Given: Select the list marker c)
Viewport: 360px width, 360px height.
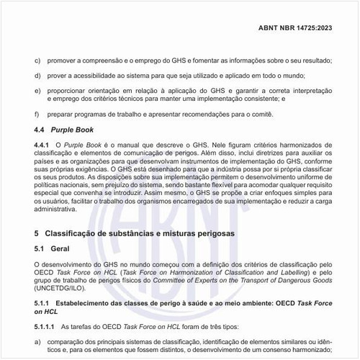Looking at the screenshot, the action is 37,60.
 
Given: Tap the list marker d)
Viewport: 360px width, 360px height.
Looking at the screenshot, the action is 37,76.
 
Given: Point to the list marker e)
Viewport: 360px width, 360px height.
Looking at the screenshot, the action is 37,91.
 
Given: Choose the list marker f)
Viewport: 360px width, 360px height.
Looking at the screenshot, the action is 37,114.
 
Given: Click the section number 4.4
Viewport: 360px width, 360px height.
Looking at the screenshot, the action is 40,130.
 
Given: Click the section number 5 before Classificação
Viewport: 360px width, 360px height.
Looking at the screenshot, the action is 37,235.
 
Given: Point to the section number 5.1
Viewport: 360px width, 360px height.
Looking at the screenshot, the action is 40,248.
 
